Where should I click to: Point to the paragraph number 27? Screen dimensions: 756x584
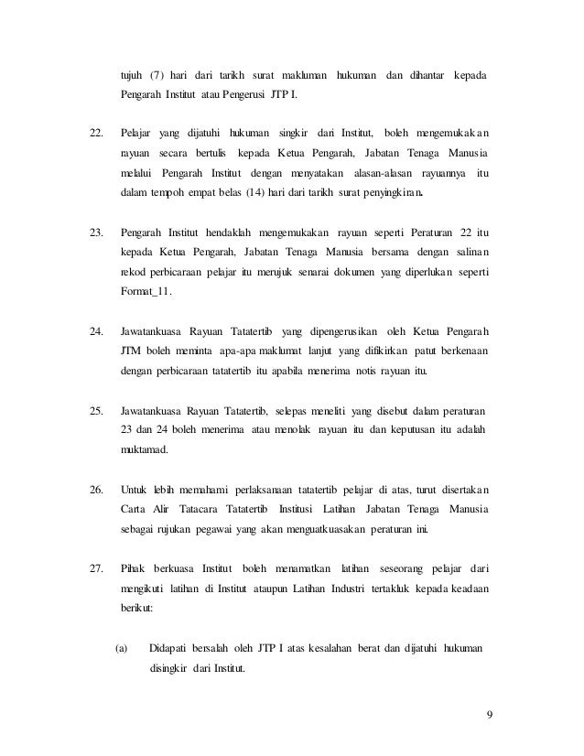point(96,569)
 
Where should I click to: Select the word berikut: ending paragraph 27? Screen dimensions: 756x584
point(138,610)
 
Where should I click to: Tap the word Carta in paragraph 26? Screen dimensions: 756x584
point(134,510)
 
